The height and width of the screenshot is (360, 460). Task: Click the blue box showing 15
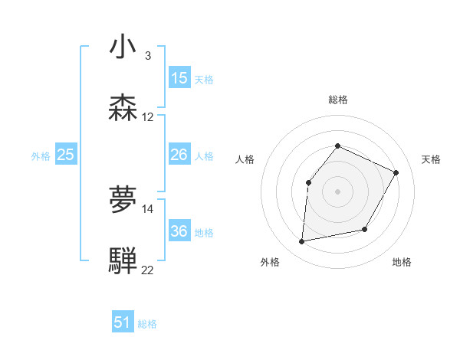pyautogui.click(x=179, y=78)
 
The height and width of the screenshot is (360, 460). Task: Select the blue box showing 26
pyautogui.click(x=179, y=155)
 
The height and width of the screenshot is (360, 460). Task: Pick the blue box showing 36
pyautogui.click(x=179, y=231)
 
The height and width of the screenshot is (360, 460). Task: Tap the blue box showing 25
pyautogui.click(x=66, y=155)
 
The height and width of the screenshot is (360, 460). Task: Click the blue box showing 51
pyautogui.click(x=123, y=322)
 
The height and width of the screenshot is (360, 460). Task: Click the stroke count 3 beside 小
pyautogui.click(x=148, y=56)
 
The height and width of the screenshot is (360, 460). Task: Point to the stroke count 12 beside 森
pyautogui.click(x=148, y=117)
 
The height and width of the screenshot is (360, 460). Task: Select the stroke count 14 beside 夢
pyautogui.click(x=148, y=209)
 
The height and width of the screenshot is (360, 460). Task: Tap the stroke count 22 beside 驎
pyautogui.click(x=148, y=270)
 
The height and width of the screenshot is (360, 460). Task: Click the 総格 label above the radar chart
pyautogui.click(x=337, y=100)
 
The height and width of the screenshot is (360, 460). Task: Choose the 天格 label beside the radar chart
pyautogui.click(x=431, y=159)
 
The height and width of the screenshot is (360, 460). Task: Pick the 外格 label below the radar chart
pyautogui.click(x=270, y=262)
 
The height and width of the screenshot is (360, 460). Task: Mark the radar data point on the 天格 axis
pyautogui.click(x=396, y=172)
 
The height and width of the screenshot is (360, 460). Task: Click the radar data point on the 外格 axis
pyautogui.click(x=302, y=242)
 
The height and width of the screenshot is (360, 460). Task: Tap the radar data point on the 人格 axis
pyautogui.click(x=308, y=182)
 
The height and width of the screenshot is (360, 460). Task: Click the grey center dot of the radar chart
pyautogui.click(x=337, y=191)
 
